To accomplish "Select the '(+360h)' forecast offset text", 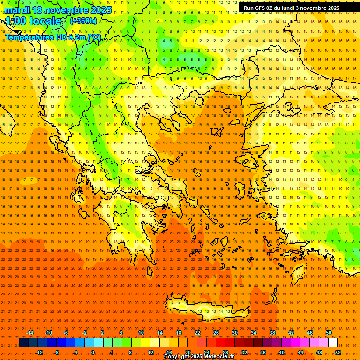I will (84, 21).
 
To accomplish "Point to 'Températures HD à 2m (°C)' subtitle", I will (52, 37).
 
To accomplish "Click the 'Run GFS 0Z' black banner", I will (292, 8).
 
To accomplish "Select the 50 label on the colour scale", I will (328, 333).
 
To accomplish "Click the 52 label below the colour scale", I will (338, 352).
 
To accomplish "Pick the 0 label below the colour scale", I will (92, 352).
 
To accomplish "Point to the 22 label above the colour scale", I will (197, 333).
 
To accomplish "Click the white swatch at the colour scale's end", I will (333, 343).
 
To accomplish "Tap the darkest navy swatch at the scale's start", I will (23, 343).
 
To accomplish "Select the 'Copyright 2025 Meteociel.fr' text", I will (199, 357).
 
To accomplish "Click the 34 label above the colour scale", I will (253, 333).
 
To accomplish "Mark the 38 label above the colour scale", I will (272, 333).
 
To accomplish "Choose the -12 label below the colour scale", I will (39, 352).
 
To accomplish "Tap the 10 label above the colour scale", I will (141, 333).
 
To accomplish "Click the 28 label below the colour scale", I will (225, 352).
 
